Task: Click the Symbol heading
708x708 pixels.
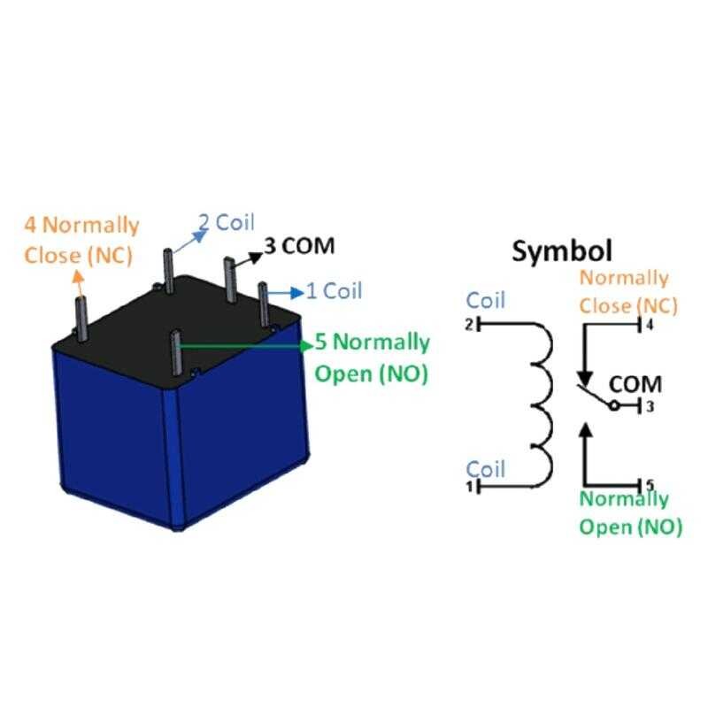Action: [x=562, y=250]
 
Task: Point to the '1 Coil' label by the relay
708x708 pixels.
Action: [x=334, y=290]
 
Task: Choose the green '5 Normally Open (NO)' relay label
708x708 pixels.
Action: [x=372, y=358]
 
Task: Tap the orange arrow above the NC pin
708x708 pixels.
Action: [x=77, y=283]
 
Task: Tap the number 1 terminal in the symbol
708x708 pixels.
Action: [x=469, y=486]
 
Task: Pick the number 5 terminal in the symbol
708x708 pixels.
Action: [x=650, y=485]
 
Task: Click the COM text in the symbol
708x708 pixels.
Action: [x=636, y=384]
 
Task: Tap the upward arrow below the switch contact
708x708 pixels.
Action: [x=584, y=442]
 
